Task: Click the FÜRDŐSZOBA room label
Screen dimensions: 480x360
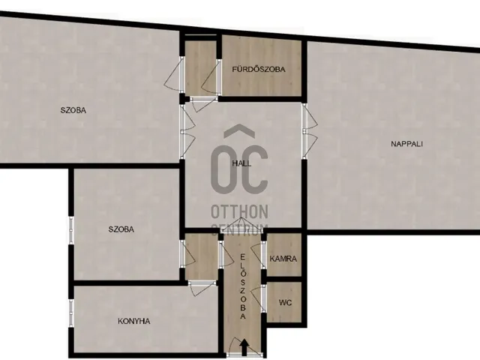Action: coord(258,69)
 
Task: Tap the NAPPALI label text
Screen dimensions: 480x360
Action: coord(406,144)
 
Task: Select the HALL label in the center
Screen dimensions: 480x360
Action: coord(241,163)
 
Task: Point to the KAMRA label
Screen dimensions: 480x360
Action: coord(283,259)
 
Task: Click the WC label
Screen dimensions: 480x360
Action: coord(285,303)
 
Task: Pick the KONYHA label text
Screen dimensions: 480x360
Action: coord(133,321)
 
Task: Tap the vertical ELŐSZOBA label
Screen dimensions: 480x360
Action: coord(243,286)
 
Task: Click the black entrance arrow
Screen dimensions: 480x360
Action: coord(244,347)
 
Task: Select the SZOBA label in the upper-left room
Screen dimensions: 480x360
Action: coord(73,110)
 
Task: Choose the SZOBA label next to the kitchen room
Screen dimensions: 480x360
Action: coord(121,229)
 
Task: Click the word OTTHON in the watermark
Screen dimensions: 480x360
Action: coord(239,211)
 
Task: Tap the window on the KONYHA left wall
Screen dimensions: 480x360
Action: coord(71,313)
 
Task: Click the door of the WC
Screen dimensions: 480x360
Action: coord(257,298)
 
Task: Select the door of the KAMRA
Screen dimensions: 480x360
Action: coord(258,255)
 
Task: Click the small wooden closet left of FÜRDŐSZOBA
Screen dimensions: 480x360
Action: coord(201,68)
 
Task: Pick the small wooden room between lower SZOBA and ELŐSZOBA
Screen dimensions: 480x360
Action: coord(201,256)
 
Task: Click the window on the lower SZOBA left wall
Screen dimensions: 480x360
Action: coord(71,230)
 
